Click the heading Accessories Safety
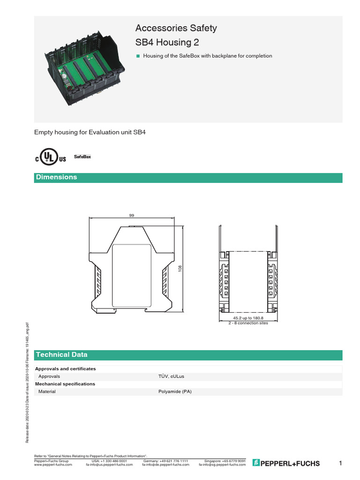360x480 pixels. (176, 28)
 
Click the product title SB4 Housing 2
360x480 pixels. (167, 43)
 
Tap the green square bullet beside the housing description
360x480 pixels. (138, 56)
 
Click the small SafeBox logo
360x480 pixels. (82, 156)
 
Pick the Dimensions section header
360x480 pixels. (57, 177)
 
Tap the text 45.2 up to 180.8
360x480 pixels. (248, 319)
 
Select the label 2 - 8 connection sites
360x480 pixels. (248, 323)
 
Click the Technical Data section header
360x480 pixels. (61, 355)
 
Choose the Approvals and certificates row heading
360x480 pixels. (66, 369)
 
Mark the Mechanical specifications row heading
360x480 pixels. (65, 384)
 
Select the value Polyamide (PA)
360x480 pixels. (175, 391)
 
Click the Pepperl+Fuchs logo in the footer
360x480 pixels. (286, 464)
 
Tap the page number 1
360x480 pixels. (340, 464)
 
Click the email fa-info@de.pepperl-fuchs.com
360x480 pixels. (165, 465)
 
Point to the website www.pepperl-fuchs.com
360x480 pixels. (53, 465)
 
